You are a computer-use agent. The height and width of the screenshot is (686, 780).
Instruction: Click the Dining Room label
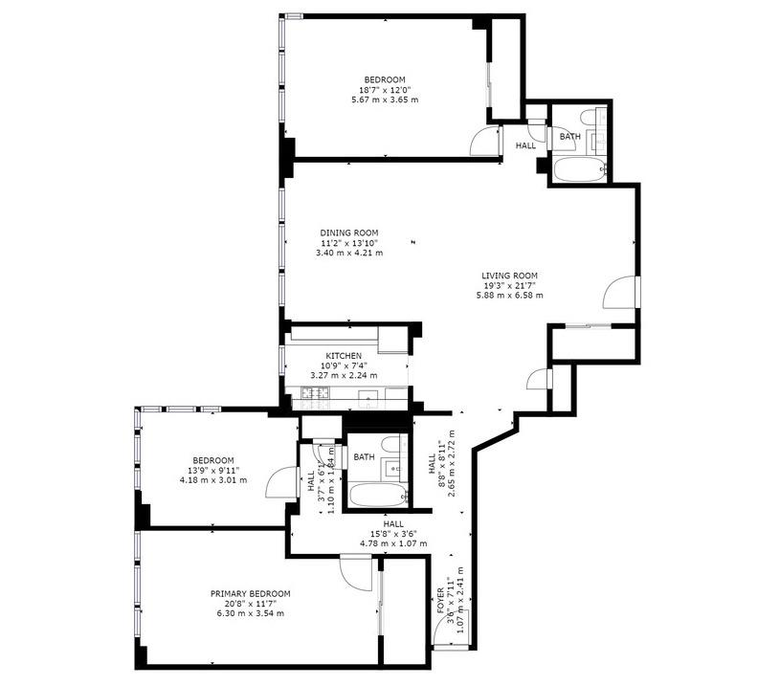point(348,232)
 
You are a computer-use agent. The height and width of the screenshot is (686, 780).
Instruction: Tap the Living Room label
point(509,276)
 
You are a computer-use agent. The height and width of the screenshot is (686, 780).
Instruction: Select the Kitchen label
point(344,356)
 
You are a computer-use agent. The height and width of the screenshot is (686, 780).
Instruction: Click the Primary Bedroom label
point(250,593)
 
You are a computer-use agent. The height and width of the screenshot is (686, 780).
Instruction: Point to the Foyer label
point(440,600)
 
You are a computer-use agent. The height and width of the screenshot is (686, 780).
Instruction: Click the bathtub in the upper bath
point(578,169)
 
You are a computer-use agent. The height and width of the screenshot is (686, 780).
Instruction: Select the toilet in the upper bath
point(587,117)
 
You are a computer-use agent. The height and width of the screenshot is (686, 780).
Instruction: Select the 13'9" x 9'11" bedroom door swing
point(281,481)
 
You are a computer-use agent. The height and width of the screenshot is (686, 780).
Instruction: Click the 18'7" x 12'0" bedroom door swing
point(484,141)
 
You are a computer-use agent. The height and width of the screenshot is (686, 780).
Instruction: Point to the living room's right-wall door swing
point(619,292)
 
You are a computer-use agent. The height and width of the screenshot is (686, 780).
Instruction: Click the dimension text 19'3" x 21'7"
point(509,285)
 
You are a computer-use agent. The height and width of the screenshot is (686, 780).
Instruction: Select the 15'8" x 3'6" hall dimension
point(393,534)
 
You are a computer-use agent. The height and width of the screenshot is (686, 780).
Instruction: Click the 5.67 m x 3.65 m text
point(385,100)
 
